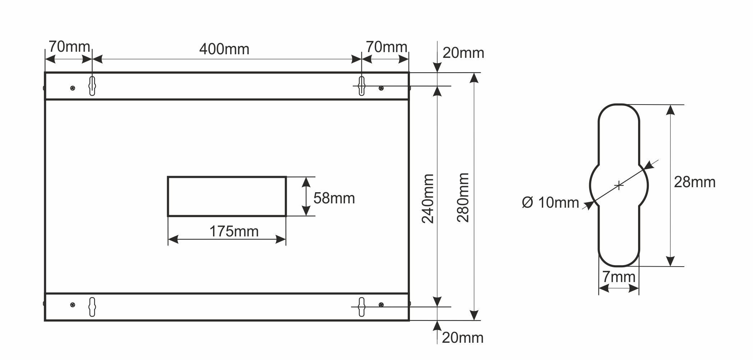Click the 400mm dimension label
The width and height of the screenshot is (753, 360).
coord(224,49)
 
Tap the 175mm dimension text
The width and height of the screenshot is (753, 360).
coord(234,231)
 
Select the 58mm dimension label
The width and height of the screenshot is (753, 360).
coord(334,198)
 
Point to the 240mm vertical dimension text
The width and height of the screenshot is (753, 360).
coord(428,199)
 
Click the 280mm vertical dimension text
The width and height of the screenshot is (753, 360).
coord(463,198)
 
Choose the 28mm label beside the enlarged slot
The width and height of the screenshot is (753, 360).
coord(694,182)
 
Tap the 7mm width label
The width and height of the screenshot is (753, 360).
coord(619,277)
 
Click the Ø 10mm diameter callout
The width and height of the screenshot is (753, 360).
coord(550,203)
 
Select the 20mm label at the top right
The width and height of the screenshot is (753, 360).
coord(463,53)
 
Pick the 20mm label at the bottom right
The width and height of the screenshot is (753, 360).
coord(462,338)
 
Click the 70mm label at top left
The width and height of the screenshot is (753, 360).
coord(69,47)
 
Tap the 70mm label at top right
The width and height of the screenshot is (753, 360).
coord(386,47)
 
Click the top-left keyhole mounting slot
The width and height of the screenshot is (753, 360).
coord(92,86)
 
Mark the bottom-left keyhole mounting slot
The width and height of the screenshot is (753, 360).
coord(92,307)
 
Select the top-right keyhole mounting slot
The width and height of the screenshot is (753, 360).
coord(361,86)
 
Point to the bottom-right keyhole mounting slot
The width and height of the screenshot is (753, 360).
coord(361,307)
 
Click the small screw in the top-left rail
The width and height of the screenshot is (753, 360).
coord(73,88)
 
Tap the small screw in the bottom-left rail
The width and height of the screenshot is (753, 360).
coord(73,305)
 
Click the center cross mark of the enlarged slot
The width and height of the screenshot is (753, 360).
coord(619,185)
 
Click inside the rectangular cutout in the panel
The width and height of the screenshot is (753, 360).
coord(227,197)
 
